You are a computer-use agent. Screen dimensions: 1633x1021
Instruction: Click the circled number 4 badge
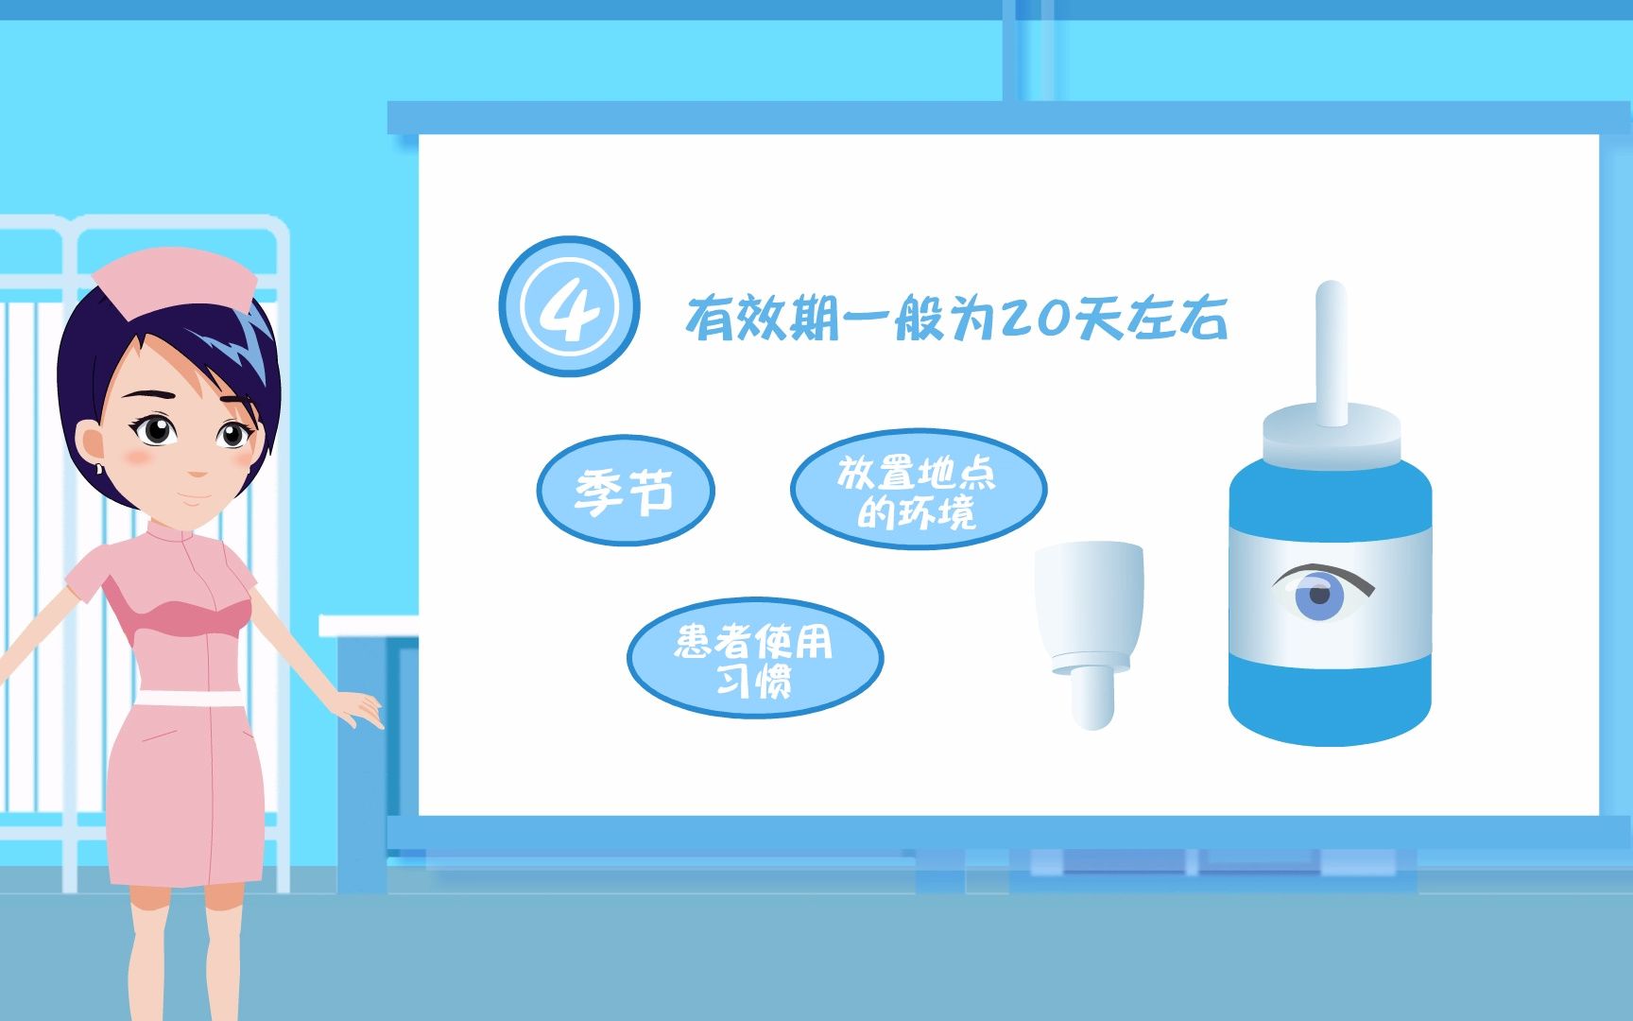569,305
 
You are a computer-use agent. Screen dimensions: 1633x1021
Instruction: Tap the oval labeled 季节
626,490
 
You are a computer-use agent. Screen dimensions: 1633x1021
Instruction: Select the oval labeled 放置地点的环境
918,489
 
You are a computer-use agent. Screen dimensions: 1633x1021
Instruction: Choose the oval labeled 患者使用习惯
754,657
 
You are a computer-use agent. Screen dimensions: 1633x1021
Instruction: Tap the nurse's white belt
189,699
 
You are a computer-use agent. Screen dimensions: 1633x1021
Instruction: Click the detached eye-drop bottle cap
1090,634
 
